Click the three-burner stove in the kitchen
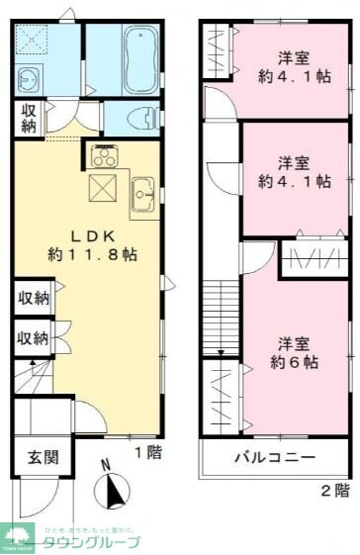[103, 155]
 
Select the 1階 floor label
[147, 452]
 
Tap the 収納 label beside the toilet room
[27, 118]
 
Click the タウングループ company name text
[88, 541]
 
